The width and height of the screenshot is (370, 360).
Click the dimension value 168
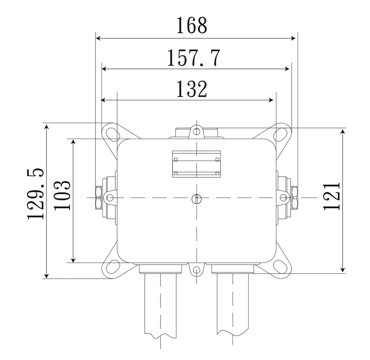pyautogui.click(x=192, y=25)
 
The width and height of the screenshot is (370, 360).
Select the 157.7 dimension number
pyautogui.click(x=194, y=58)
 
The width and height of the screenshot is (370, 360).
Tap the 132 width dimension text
pyautogui.click(x=192, y=89)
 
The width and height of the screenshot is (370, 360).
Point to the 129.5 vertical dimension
pyautogui.click(x=36, y=194)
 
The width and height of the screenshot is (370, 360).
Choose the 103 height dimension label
pyautogui.click(x=62, y=195)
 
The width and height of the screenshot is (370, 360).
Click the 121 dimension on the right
pyautogui.click(x=332, y=196)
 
